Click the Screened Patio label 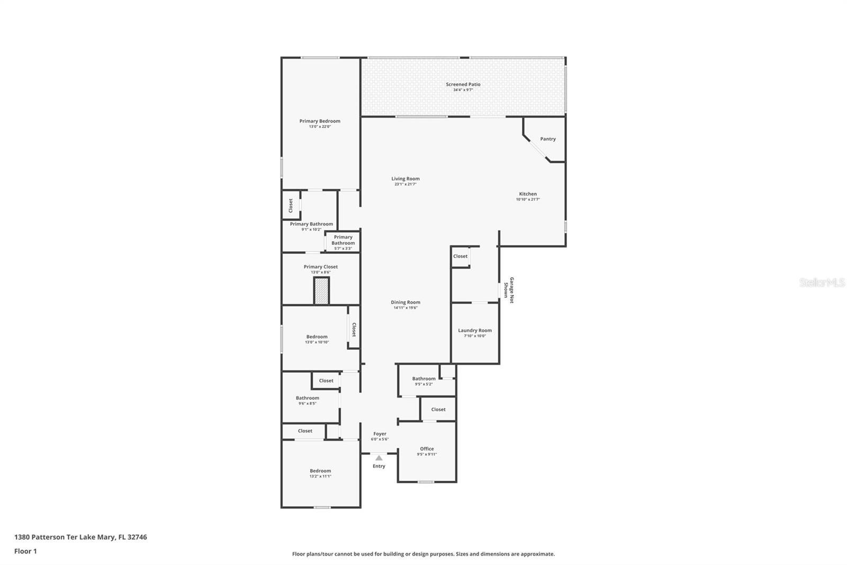pyautogui.click(x=463, y=84)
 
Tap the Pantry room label pyautogui.click(x=548, y=139)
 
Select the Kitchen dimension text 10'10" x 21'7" pyautogui.click(x=528, y=200)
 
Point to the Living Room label pyautogui.click(x=406, y=179)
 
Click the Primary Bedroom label pyautogui.click(x=320, y=121)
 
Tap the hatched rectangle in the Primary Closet pyautogui.click(x=321, y=291)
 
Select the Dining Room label pyautogui.click(x=406, y=302)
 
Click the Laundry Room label pyautogui.click(x=475, y=330)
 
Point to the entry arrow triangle pyautogui.click(x=379, y=458)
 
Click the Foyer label pyautogui.click(x=380, y=434)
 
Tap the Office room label pyautogui.click(x=427, y=448)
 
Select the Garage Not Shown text pyautogui.click(x=509, y=290)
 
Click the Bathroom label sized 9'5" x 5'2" pyautogui.click(x=424, y=378)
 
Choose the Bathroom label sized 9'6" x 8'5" pyautogui.click(x=307, y=398)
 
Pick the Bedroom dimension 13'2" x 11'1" pyautogui.click(x=320, y=476)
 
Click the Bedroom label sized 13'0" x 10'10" pyautogui.click(x=317, y=337)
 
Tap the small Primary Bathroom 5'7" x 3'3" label pyautogui.click(x=343, y=240)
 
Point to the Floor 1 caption pyautogui.click(x=25, y=551)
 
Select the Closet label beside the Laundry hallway pyautogui.click(x=460, y=256)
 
